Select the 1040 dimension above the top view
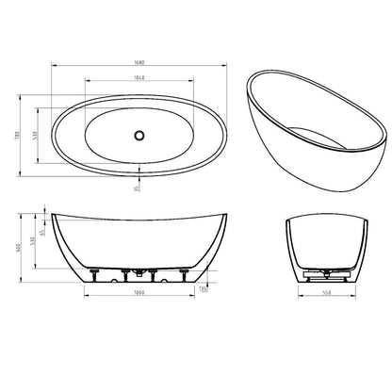coord(139,78)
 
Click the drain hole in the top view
coord(139,134)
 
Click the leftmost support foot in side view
coord(93,276)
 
